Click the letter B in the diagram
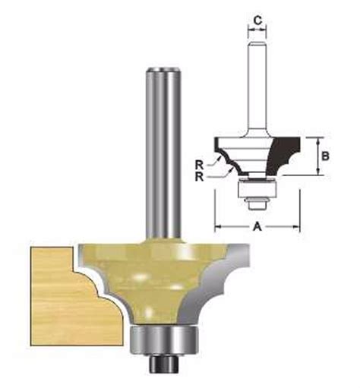coord(326,156)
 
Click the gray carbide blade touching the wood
coord(89,270)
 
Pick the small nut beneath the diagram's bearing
coord(256,201)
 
